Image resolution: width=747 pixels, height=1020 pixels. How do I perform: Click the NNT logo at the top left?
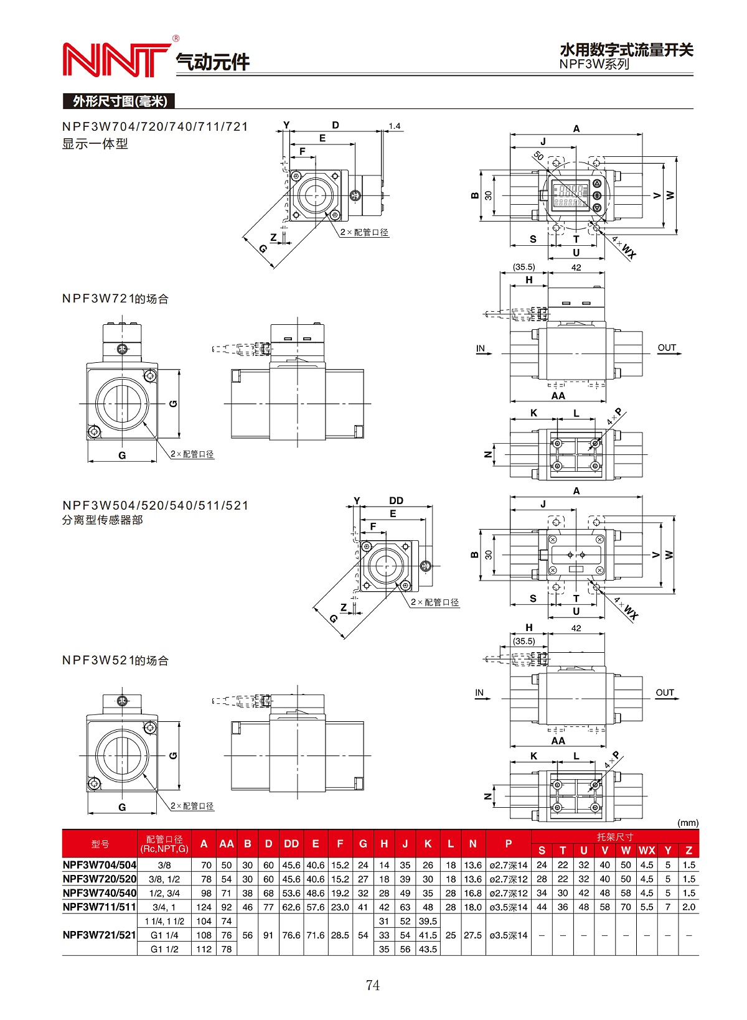pyautogui.click(x=116, y=60)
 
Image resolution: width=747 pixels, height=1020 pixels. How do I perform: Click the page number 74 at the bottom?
pyautogui.click(x=372, y=985)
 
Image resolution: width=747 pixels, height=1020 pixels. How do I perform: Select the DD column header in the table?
pyautogui.click(x=291, y=844)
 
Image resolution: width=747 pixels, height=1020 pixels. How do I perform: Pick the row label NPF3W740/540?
pyautogui.click(x=100, y=893)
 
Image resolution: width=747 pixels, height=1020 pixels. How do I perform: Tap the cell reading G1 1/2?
pyautogui.click(x=164, y=949)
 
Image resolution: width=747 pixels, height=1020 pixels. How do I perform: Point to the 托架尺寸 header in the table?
pyautogui.click(x=614, y=837)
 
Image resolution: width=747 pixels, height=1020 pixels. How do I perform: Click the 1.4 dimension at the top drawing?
pyautogui.click(x=395, y=126)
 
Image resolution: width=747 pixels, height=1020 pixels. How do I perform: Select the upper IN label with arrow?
pyautogui.click(x=481, y=349)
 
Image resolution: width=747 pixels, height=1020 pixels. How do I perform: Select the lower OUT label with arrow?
pyautogui.click(x=665, y=693)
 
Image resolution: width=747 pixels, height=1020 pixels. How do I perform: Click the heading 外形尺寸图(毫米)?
pyautogui.click(x=119, y=101)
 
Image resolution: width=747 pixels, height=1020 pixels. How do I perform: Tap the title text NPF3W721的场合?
pyautogui.click(x=115, y=299)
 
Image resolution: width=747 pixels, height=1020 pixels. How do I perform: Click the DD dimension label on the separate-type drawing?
pyautogui.click(x=396, y=500)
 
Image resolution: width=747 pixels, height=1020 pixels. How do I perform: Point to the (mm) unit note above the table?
pyautogui.click(x=688, y=823)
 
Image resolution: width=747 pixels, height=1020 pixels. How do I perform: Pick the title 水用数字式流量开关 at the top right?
pyautogui.click(x=626, y=50)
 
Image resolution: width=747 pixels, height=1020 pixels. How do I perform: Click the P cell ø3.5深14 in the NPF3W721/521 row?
pyautogui.click(x=508, y=935)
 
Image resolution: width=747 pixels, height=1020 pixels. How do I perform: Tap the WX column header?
pyautogui.click(x=647, y=851)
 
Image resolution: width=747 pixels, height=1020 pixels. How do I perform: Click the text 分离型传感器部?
pyautogui.click(x=102, y=520)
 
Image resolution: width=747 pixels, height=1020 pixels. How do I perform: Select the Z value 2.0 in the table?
pyautogui.click(x=688, y=907)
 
